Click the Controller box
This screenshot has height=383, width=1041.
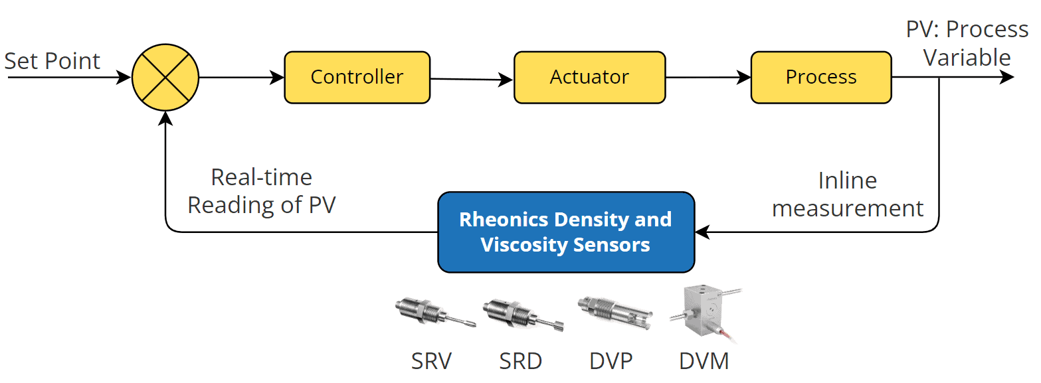pos(357,77)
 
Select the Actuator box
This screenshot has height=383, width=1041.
pos(589,77)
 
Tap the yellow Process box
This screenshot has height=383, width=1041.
pos(820,77)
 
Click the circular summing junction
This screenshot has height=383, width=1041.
pos(165,77)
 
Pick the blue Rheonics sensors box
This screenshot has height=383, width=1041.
pos(566,232)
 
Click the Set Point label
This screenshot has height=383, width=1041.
pos(52,61)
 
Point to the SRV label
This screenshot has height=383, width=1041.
pos(430,361)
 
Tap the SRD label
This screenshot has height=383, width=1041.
pos(521,361)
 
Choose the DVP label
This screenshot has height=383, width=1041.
pos(611,361)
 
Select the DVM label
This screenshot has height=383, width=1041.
pos(704,361)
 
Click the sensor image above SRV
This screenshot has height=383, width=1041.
pos(434,312)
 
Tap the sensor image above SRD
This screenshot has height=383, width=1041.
pos(523,314)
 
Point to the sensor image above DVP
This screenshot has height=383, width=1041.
pos(615,313)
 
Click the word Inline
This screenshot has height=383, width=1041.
pos(847,181)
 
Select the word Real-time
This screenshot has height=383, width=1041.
pos(261,177)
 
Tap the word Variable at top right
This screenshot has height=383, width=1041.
pos(967,58)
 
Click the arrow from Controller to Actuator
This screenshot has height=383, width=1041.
pos(472,80)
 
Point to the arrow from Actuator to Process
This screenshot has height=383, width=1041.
pos(708,77)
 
